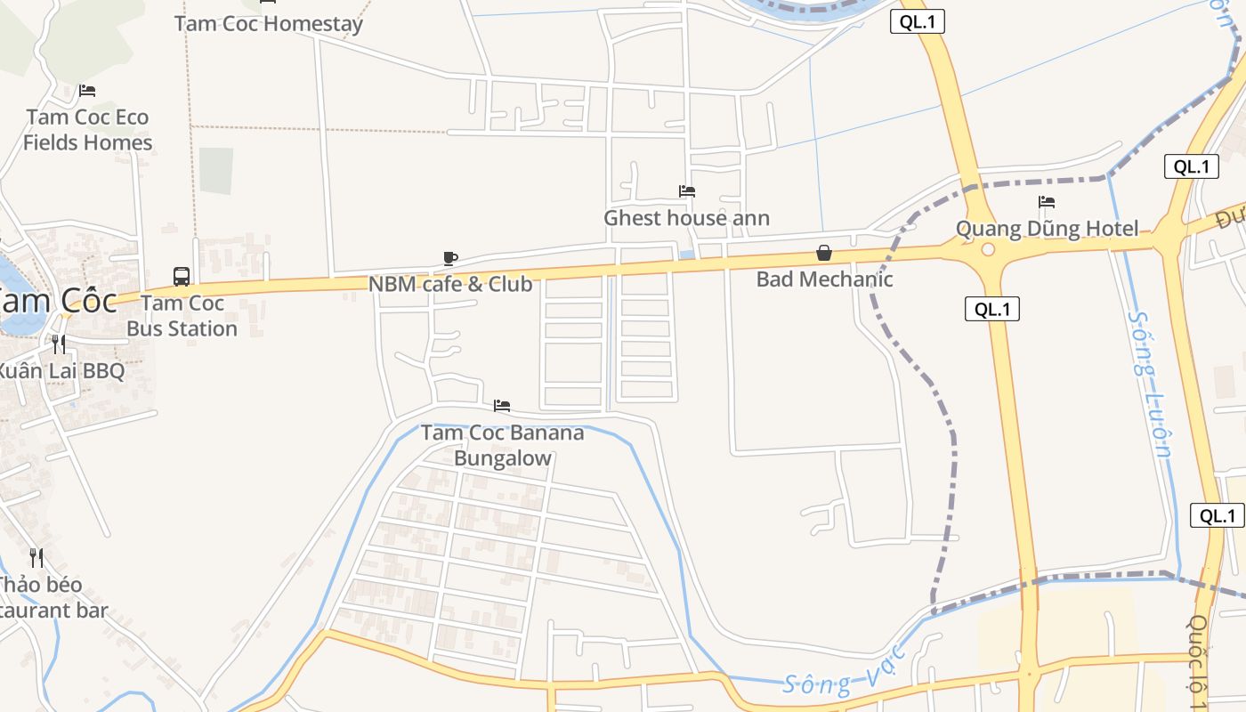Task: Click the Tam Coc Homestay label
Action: coord(268,23)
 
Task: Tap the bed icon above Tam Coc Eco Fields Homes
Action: coord(86,91)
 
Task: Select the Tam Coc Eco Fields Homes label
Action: coord(87,130)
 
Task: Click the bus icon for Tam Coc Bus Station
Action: coord(182,276)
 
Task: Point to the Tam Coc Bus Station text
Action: coord(182,316)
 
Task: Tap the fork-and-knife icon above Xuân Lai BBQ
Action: coord(58,344)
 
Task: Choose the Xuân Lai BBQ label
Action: coord(61,371)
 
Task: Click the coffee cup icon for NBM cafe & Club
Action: coord(450,259)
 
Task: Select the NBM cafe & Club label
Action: coord(450,285)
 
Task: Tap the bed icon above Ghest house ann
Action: coord(686,191)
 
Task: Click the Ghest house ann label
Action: coord(686,218)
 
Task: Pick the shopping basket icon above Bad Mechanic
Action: coord(824,254)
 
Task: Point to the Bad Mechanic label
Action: coord(824,279)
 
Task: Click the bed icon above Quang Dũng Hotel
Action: coord(1047,203)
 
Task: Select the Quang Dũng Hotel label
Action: coord(1047,229)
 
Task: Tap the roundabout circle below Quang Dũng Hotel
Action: coord(987,249)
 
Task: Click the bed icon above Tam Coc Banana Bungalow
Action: coord(502,406)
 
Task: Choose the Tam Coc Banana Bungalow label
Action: coord(502,445)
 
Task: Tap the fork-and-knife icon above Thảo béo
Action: coord(36,558)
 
